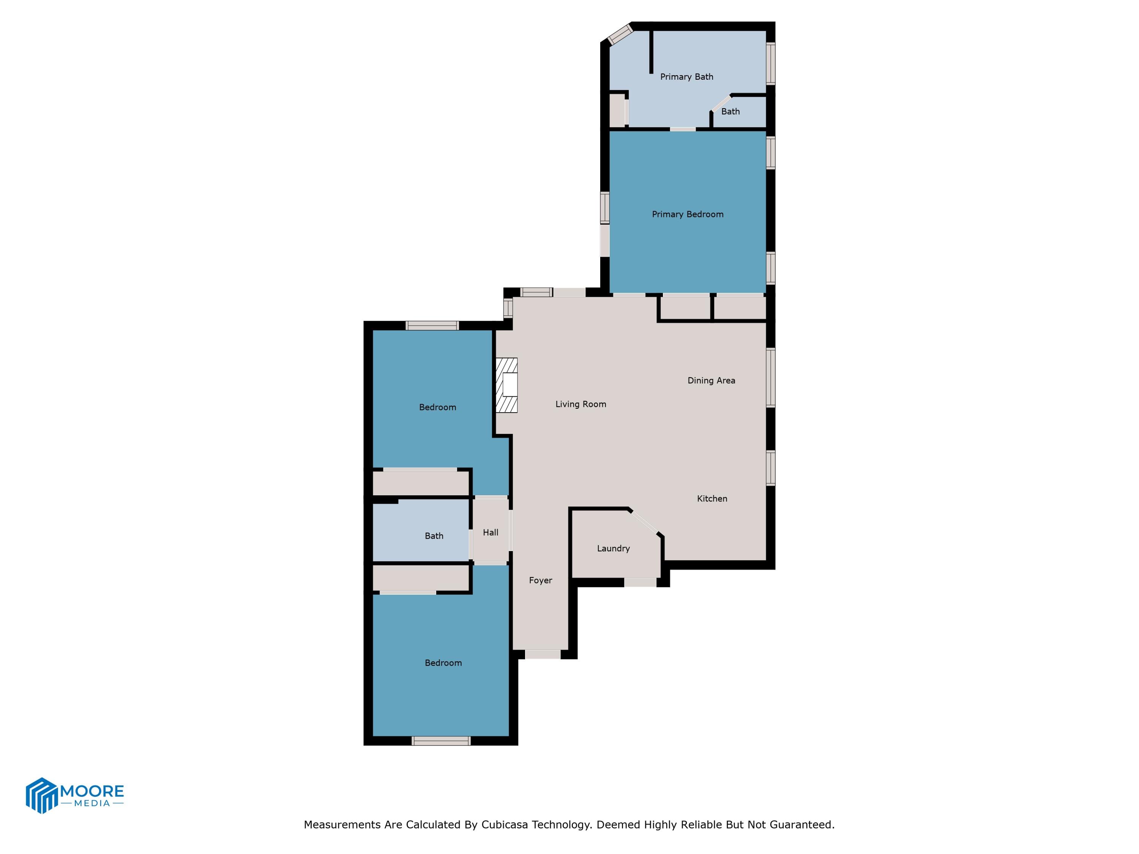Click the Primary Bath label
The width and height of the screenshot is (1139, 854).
click(686, 77)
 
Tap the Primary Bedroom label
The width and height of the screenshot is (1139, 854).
click(688, 214)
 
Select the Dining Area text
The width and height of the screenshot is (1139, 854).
click(711, 380)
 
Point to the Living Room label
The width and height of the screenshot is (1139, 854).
click(580, 404)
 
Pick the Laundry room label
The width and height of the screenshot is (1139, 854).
click(613, 548)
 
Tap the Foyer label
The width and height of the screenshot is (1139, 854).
click(540, 580)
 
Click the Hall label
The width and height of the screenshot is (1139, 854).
click(490, 532)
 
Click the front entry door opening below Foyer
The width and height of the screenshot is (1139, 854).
click(543, 654)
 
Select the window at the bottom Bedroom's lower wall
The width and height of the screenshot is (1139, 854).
click(441, 741)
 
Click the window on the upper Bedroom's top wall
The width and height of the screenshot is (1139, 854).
click(432, 325)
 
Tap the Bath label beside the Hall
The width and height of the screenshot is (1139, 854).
click(434, 536)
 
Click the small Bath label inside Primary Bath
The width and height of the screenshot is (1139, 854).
click(730, 111)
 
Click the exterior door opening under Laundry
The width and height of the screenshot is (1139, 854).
click(640, 582)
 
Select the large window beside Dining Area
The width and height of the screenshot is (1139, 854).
click(770, 377)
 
